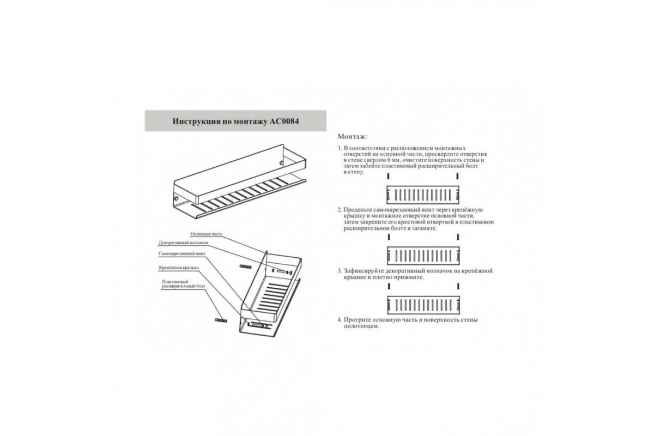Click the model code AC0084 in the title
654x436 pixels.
point(283,121)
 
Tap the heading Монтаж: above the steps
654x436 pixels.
point(353,136)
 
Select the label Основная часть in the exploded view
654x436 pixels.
point(206,234)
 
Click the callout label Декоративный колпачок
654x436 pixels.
point(183,243)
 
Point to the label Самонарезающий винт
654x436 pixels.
point(182,253)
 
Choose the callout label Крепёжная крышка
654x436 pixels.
point(179,268)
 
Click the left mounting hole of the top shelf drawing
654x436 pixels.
point(177,198)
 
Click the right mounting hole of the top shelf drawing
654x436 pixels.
point(282,162)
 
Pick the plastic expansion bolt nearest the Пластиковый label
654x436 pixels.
point(221,320)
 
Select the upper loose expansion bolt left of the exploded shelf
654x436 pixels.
point(246,267)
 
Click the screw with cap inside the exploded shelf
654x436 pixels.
point(284,272)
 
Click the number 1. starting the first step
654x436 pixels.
point(340,148)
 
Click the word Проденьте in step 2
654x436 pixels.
point(358,210)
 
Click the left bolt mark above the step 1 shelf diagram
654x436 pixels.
point(389,177)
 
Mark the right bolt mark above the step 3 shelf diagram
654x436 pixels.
point(458,286)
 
